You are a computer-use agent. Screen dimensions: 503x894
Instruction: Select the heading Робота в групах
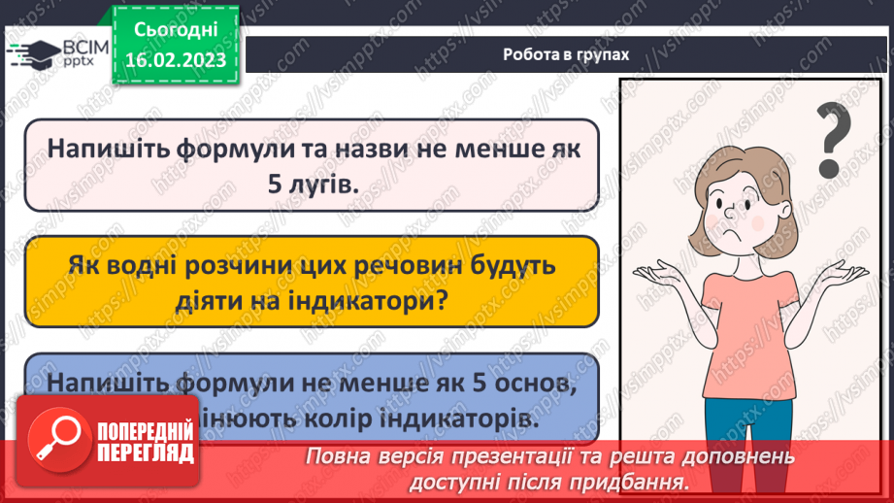[566, 54]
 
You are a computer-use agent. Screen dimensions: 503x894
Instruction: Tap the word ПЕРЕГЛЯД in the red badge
[146, 453]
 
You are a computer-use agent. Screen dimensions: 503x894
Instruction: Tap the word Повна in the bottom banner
[339, 456]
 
